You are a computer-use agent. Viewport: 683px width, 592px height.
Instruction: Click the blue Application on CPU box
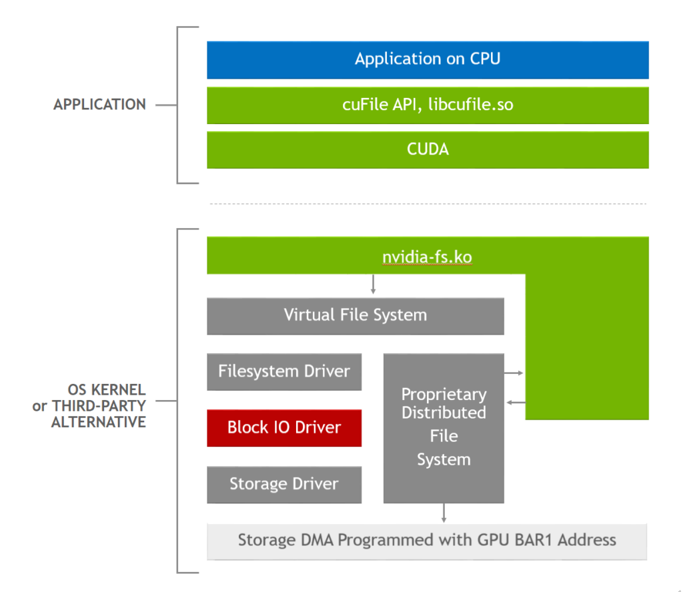(x=428, y=59)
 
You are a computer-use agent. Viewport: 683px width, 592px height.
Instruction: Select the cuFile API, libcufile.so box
(x=428, y=105)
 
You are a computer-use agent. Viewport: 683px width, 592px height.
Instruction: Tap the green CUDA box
(x=428, y=149)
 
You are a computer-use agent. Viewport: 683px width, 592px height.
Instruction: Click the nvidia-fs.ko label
(x=427, y=257)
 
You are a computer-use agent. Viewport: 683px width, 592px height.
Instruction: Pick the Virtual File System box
(x=355, y=315)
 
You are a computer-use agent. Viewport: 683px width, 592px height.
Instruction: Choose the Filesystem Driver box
(x=284, y=371)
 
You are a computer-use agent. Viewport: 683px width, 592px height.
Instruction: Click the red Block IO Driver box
(x=284, y=427)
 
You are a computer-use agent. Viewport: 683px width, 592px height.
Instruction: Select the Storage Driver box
(x=284, y=484)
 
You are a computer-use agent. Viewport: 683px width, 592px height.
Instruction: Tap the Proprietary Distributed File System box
(x=444, y=427)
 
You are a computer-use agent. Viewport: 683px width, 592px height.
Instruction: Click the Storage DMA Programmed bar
(x=427, y=540)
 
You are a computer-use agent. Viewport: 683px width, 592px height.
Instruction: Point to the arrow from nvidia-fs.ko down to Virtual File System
(x=373, y=285)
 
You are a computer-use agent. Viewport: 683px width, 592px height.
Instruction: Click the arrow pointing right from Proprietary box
(x=514, y=373)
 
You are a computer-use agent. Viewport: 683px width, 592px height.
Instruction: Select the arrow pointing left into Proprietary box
(x=514, y=402)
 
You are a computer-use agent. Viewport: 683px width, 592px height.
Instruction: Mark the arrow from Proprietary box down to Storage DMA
(x=444, y=513)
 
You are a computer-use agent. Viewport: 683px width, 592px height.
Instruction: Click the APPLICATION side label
(x=99, y=105)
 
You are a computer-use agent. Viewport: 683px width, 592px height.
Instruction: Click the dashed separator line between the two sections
(x=428, y=203)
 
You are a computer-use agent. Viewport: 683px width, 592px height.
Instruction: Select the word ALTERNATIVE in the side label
(x=99, y=422)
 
